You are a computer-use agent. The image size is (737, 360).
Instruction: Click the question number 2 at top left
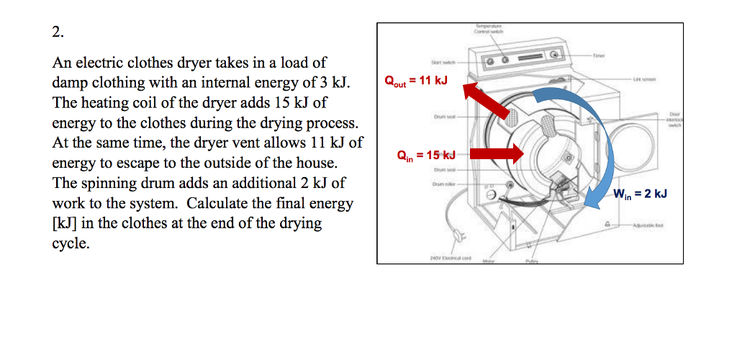point(58,32)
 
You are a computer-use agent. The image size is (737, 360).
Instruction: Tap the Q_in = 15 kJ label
point(427,155)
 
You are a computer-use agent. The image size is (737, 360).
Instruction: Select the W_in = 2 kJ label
point(640,194)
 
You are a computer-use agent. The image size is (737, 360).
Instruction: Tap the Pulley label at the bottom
point(533,261)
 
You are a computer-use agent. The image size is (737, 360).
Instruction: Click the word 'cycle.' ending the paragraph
point(71,243)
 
